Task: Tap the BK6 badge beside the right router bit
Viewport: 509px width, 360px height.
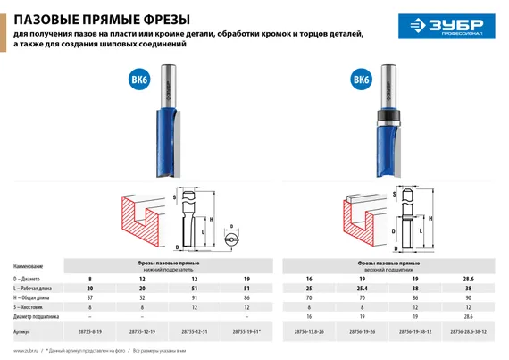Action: tap(360, 82)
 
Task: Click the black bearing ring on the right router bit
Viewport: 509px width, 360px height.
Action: tap(394, 118)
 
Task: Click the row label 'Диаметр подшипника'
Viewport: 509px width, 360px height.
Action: tap(40, 315)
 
